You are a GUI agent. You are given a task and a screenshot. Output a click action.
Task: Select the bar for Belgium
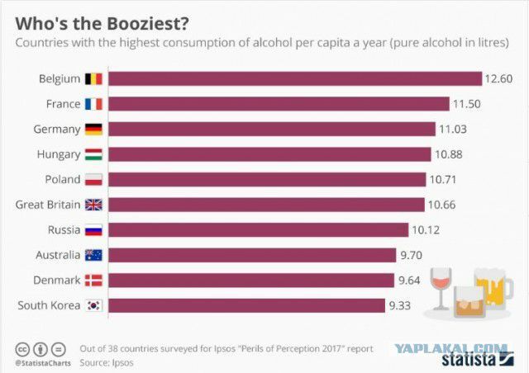pos(295,78)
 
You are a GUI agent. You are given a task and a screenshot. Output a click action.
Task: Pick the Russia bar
pos(259,229)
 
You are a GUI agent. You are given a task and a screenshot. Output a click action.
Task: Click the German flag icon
pos(93,129)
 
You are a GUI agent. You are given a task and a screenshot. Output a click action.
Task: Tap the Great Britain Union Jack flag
pos(93,205)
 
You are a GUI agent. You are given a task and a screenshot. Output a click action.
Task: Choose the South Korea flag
pos(93,305)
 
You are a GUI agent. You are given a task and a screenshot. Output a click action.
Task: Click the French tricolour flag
pos(93,104)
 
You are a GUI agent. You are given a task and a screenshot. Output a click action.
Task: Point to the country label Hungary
pos(59,154)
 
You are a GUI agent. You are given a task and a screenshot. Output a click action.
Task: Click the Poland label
pos(63,179)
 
